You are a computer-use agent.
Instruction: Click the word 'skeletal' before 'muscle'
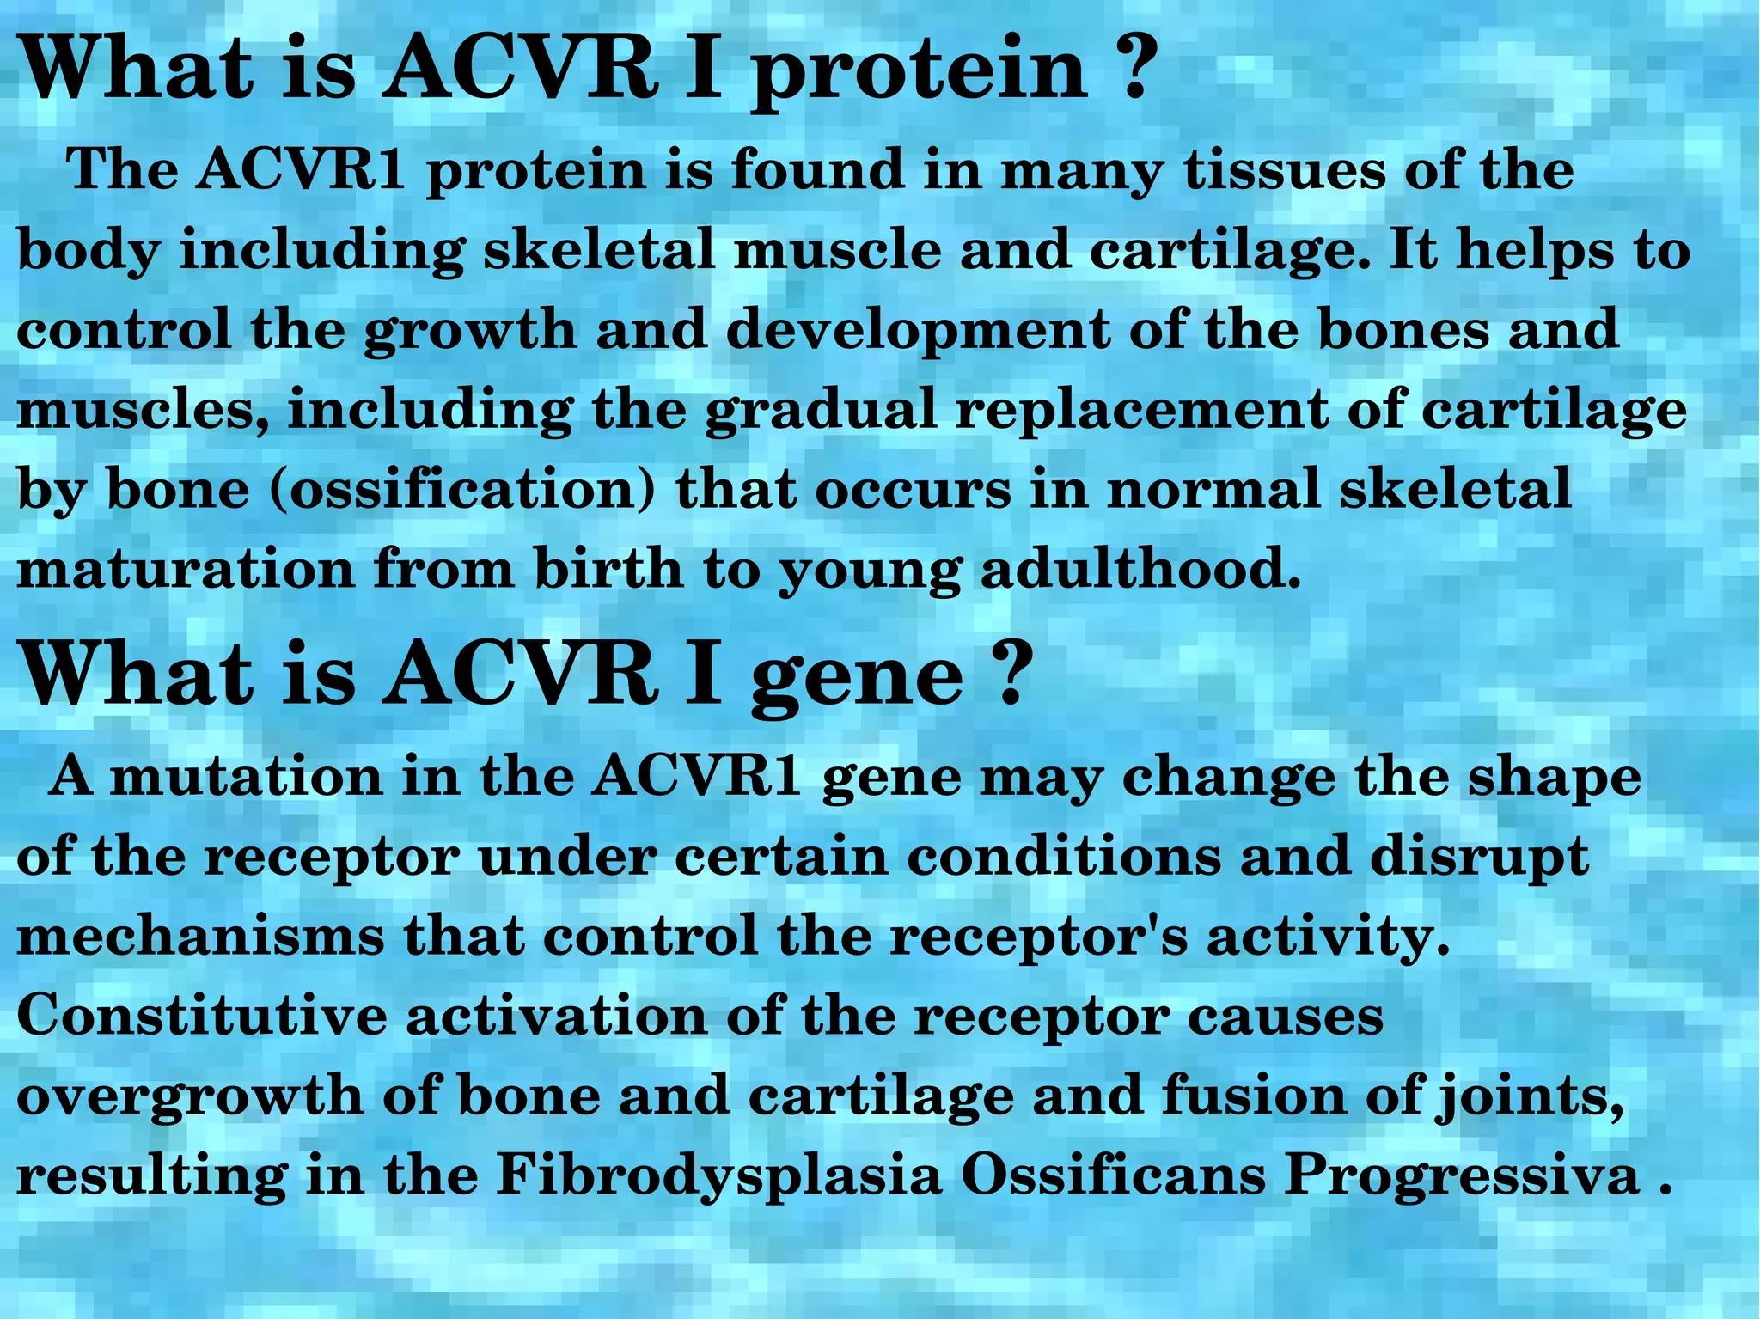[x=599, y=250]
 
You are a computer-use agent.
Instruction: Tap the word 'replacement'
[x=1140, y=411]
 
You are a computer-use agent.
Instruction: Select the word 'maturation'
[x=185, y=569]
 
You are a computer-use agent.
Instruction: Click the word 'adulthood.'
[x=1140, y=569]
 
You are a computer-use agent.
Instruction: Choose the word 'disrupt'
[x=1478, y=857]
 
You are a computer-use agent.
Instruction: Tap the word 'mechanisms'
[x=200, y=936]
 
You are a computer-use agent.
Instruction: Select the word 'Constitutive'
[x=201, y=1016]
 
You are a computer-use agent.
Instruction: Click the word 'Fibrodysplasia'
[x=719, y=1175]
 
